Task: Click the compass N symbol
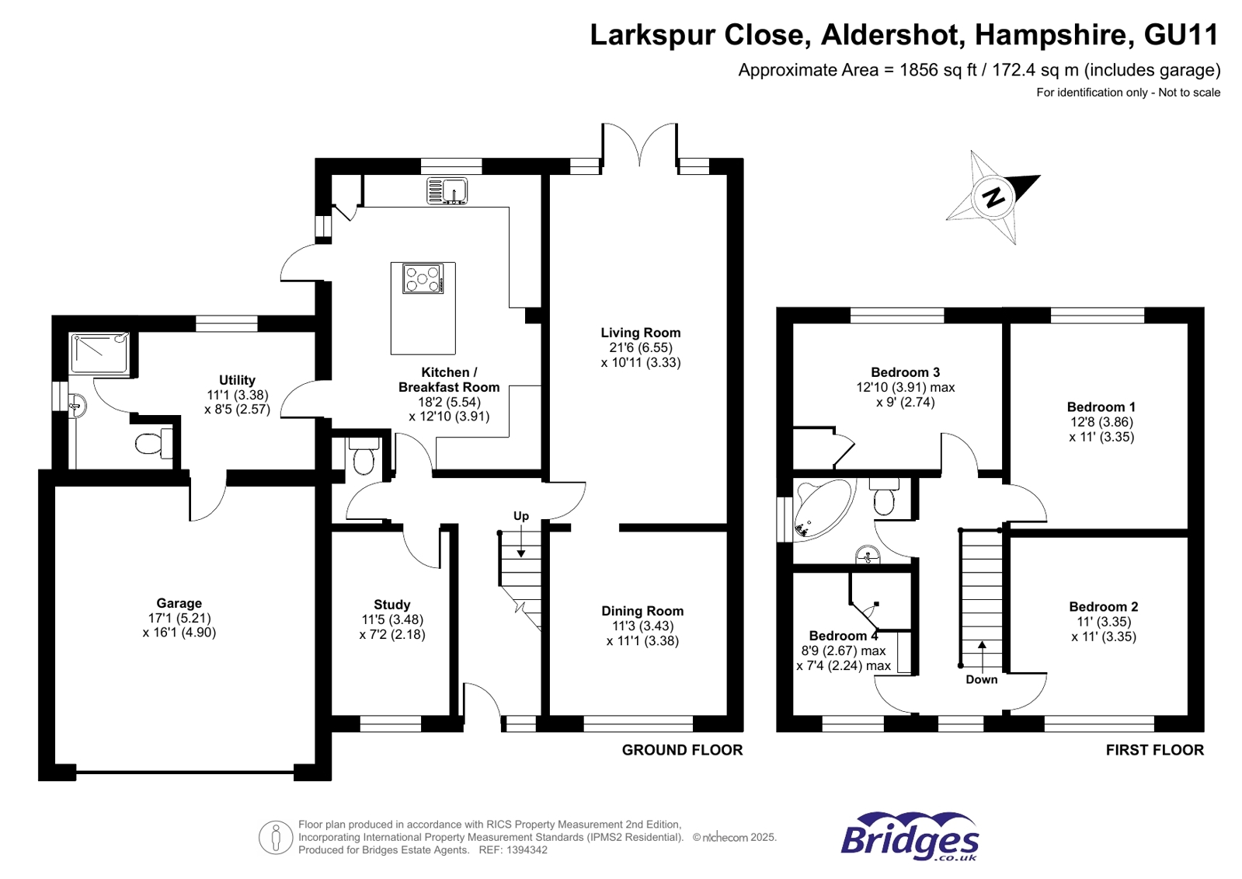pos(993,197)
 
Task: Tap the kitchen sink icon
pos(447,190)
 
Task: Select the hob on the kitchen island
pos(423,278)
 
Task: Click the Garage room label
pos(179,603)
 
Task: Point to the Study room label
pos(391,605)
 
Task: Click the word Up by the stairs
pos(520,516)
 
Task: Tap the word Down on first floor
pos(981,679)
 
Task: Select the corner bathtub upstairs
pos(819,508)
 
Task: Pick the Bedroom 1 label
pos(1101,407)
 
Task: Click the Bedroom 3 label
pos(905,372)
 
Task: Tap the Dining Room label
pos(642,611)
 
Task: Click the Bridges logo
pos(909,837)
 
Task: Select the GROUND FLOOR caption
pos(682,750)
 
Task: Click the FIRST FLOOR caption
pos(1154,750)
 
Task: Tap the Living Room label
pos(640,333)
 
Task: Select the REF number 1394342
pos(525,850)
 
